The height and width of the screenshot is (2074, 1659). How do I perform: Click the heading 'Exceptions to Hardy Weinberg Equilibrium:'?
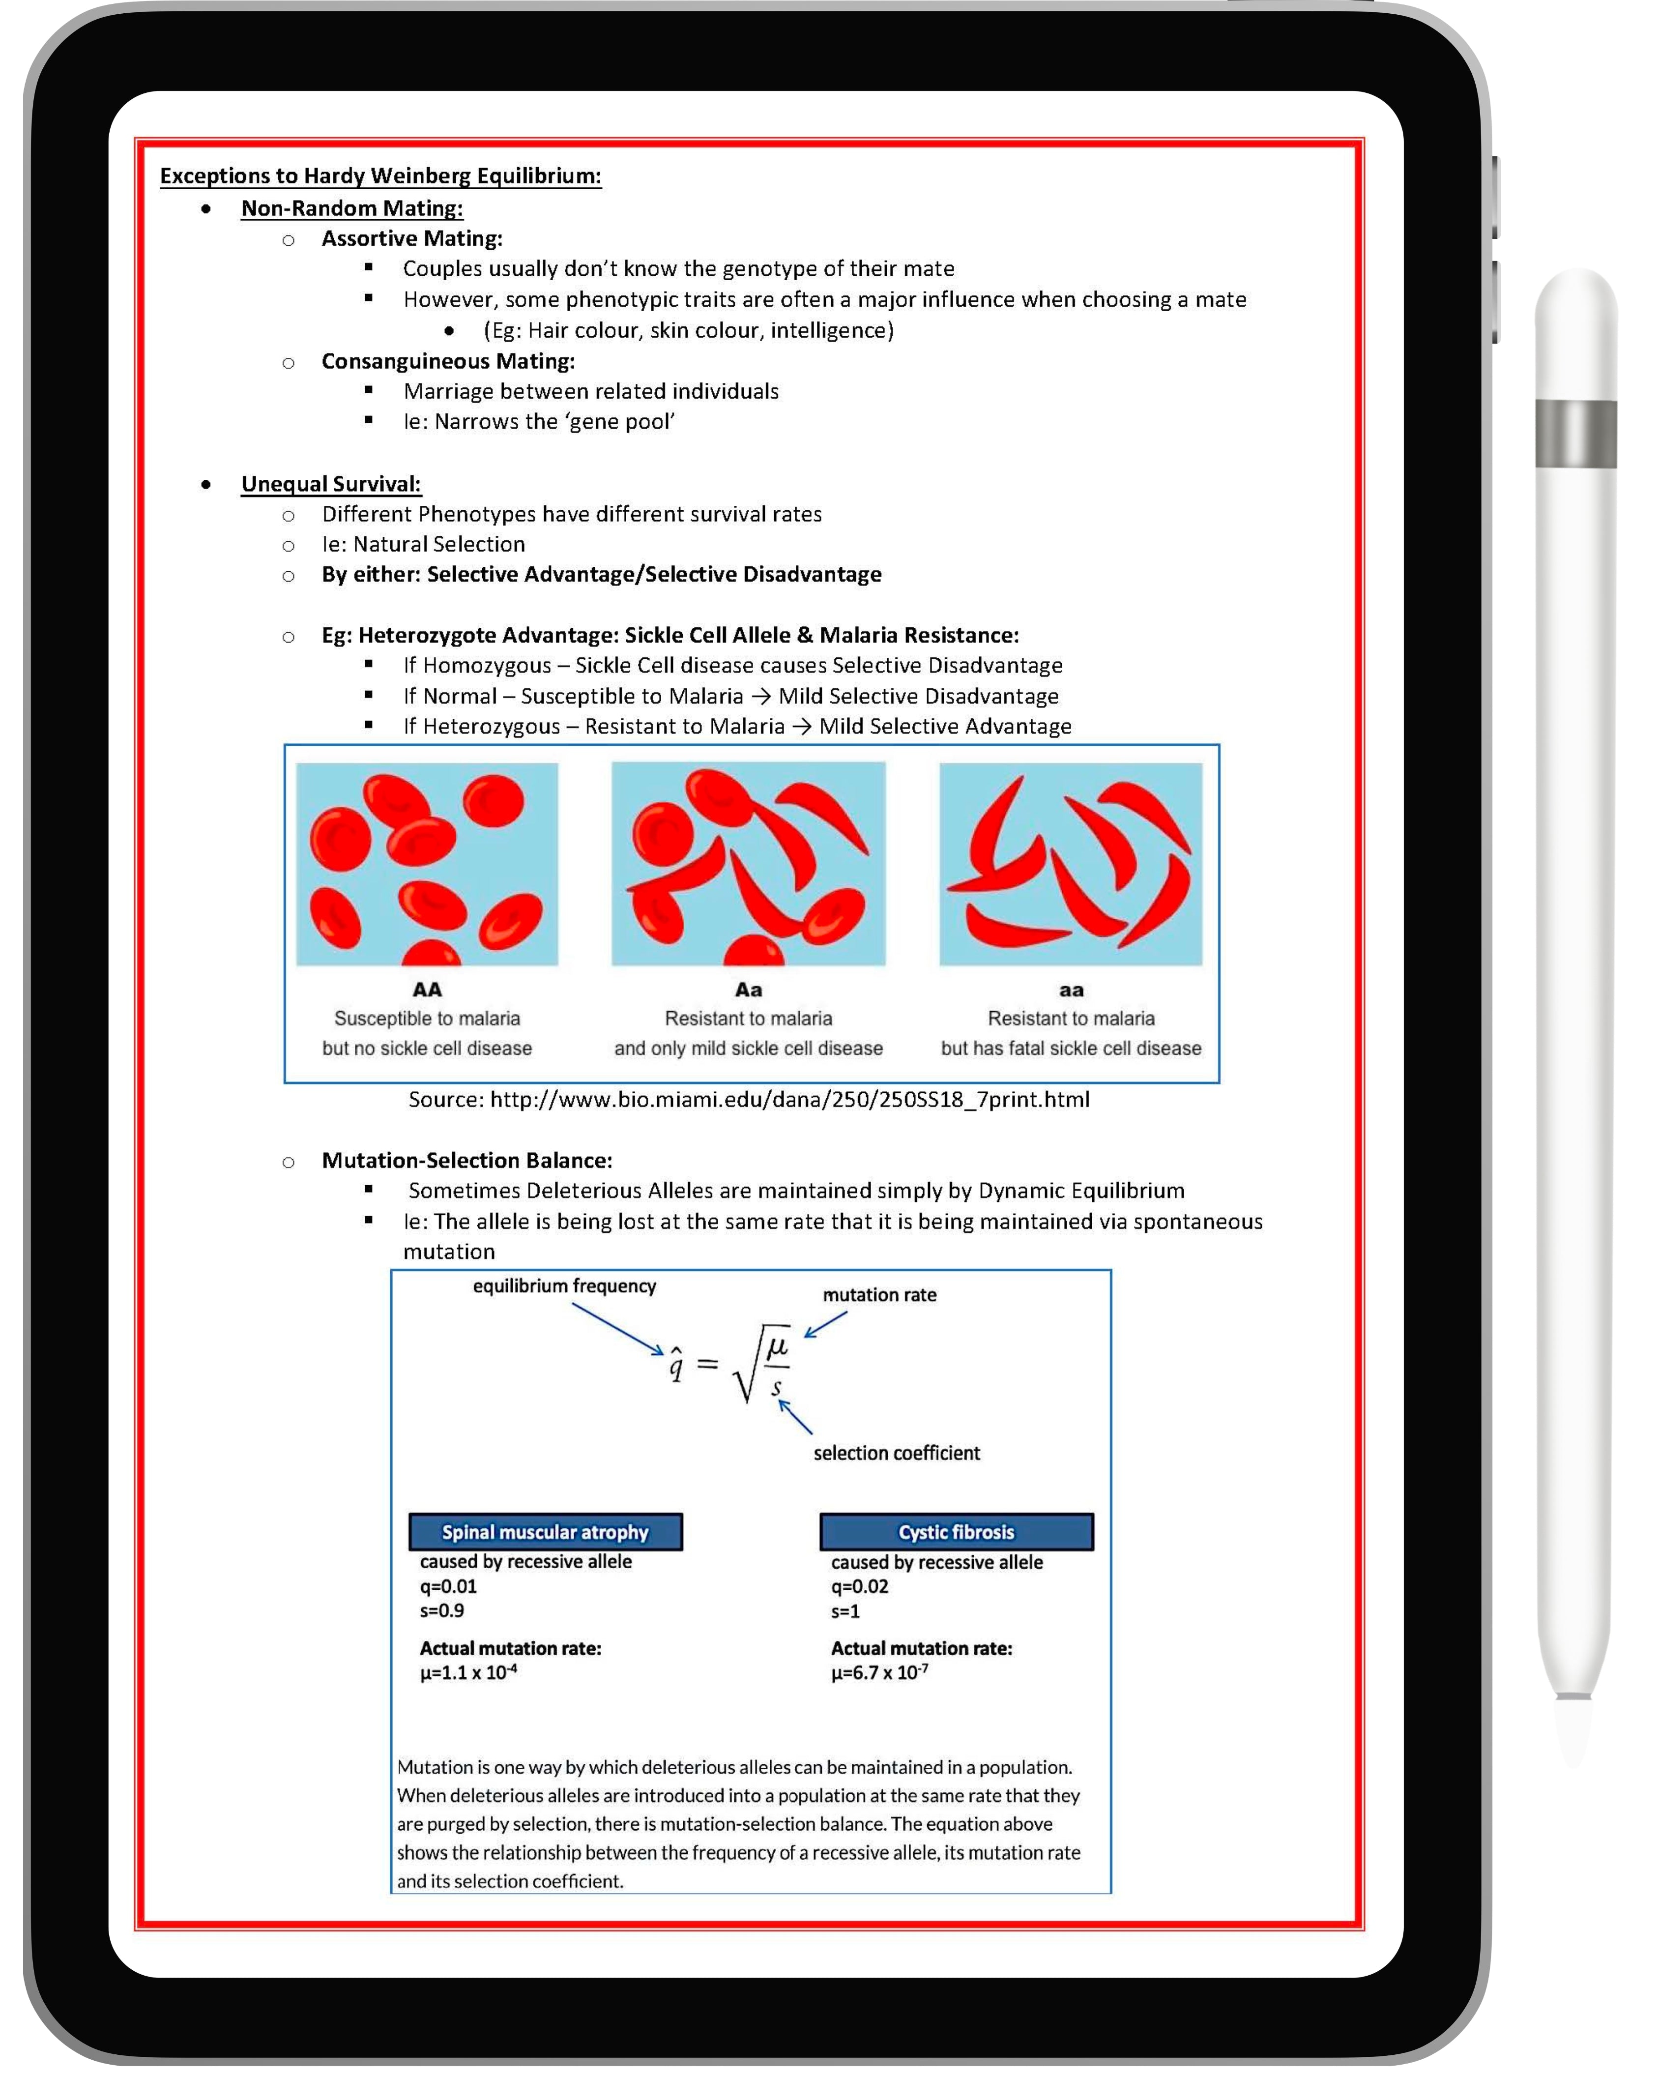click(380, 176)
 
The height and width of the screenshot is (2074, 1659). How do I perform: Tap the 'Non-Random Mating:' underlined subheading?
click(352, 209)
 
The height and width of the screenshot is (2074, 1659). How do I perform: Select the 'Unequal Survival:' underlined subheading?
click(331, 484)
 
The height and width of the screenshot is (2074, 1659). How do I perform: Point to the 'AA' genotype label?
click(427, 990)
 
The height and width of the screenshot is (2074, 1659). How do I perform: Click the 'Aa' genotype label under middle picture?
click(748, 990)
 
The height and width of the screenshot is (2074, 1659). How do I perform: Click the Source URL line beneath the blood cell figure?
click(748, 1100)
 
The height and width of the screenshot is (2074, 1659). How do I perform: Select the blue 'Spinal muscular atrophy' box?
click(545, 1531)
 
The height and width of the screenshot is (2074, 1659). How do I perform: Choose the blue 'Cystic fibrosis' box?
click(956, 1531)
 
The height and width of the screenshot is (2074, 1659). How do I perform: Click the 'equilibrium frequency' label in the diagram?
click(564, 1286)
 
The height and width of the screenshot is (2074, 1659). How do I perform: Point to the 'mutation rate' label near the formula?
click(879, 1295)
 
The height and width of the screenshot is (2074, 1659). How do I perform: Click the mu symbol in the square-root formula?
click(777, 1345)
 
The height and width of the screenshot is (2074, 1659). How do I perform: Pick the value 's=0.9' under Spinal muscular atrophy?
click(441, 1610)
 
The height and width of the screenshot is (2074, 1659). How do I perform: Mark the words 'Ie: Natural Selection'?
click(423, 545)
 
